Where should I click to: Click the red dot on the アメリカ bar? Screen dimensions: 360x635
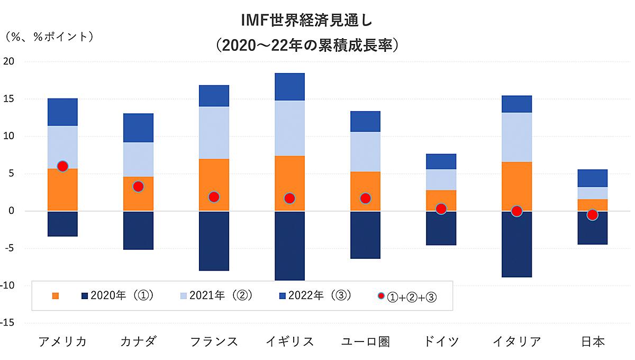point(62,166)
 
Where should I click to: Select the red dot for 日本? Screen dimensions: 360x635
point(592,214)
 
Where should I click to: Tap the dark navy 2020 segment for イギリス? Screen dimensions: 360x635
point(289,245)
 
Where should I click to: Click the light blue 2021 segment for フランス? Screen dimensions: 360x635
point(214,132)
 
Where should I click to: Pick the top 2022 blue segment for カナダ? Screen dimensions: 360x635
point(138,128)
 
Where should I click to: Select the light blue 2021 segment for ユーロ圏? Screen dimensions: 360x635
point(365,151)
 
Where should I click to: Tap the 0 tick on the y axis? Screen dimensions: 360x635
point(12,211)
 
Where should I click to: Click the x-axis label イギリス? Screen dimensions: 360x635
point(289,341)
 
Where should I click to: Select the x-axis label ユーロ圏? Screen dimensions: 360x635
point(365,341)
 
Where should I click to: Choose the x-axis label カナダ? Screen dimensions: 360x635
point(138,341)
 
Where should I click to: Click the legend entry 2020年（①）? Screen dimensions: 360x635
point(116,295)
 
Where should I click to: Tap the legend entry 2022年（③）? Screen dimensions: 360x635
point(312,295)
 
